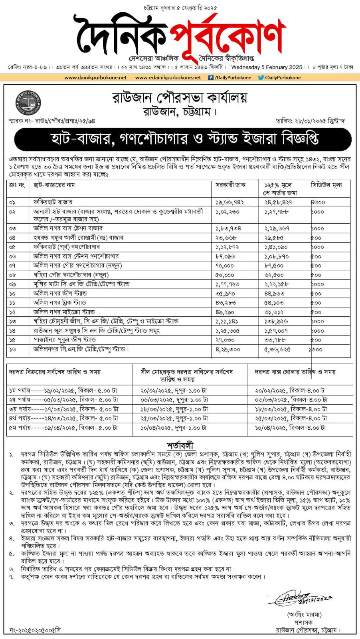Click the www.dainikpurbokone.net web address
pyautogui.click(x=95, y=77)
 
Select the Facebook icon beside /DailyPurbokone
pyautogui.click(x=211, y=77)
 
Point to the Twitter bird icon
pyautogui.click(x=261, y=77)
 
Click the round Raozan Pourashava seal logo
pyautogui.click(x=28, y=102)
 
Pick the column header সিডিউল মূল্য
pyautogui.click(x=326, y=185)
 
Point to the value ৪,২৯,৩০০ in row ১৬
pyautogui.click(x=228, y=349)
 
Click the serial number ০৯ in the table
pyautogui.click(x=12, y=284)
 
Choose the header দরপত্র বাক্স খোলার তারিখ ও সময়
pyautogui.click(x=295, y=372)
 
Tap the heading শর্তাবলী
pyautogui.click(x=180, y=445)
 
